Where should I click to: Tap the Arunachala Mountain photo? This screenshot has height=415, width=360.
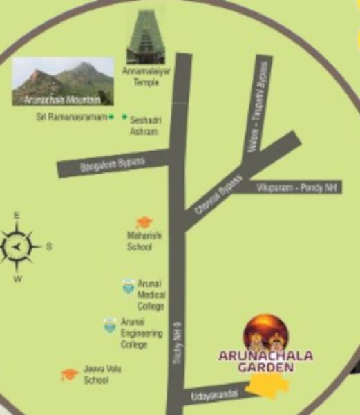tap(63, 81)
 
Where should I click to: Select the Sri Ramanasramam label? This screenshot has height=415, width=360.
tap(71, 118)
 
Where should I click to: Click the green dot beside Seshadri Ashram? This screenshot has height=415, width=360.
tap(124, 118)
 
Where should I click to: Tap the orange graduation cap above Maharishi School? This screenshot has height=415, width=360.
tap(144, 223)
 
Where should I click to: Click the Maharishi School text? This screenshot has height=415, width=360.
tap(144, 241)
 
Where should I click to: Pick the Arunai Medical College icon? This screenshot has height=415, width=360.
tap(128, 286)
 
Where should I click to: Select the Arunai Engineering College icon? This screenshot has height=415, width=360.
tap(109, 325)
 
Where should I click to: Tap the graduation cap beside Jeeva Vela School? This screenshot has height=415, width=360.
tap(68, 374)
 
